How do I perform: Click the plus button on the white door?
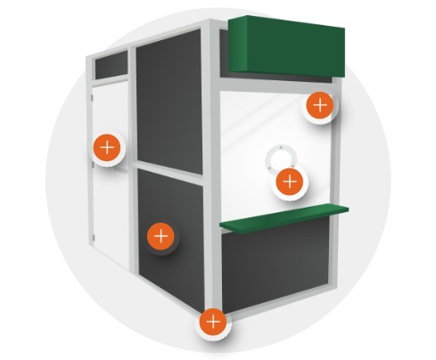pos(107,147)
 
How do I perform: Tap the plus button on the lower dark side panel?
pos(160,236)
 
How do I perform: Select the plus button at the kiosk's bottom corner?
pos(213,320)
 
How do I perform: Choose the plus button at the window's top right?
pos(320,106)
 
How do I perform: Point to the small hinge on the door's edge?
pos(94,236)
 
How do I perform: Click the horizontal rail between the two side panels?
pos(169,169)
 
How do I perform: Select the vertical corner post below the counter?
pos(215,267)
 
